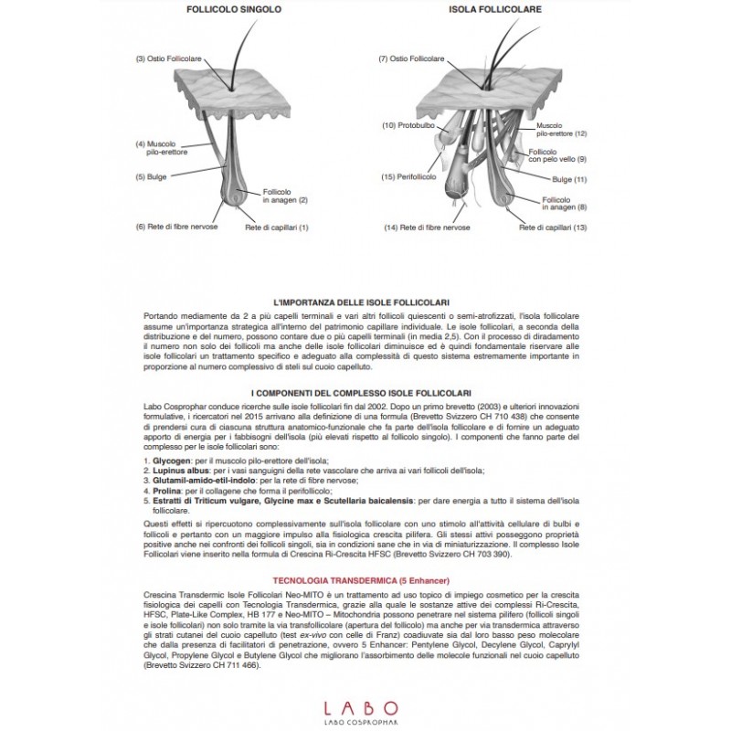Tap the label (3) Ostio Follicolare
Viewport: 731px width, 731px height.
coord(168,59)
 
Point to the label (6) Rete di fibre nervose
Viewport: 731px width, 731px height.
coord(177,227)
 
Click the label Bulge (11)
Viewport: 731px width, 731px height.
coord(569,179)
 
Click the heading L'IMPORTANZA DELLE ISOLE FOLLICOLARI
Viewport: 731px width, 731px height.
coord(365,302)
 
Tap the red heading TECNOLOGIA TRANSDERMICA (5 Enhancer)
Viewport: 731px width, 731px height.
coord(365,579)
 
